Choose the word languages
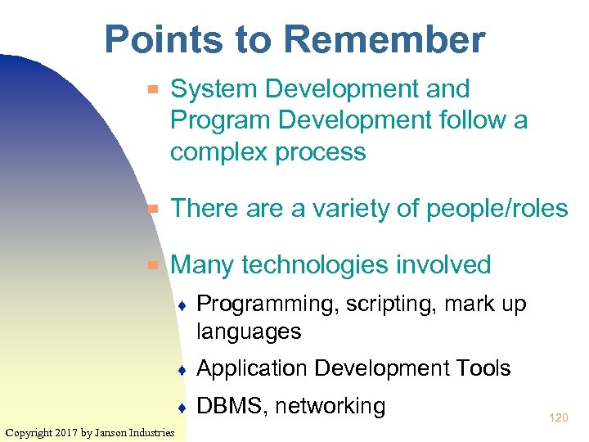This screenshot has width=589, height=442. pos(250,331)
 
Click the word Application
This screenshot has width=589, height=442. pos(252,368)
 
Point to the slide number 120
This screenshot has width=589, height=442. pos(558,418)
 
